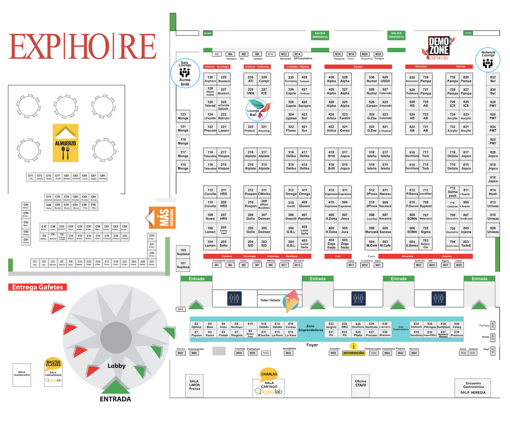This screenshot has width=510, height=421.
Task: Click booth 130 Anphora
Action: point(210,79)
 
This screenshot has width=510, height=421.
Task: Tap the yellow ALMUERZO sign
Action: point(66,143)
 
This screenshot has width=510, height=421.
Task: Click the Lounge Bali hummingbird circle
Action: point(257,110)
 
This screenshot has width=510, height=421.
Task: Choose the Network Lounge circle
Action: point(488,60)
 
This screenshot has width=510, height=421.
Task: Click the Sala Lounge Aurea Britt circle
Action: point(185,73)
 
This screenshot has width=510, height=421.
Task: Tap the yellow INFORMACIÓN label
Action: point(354,353)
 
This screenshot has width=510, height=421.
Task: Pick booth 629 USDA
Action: point(385,79)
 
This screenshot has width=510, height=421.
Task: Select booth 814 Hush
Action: point(493,192)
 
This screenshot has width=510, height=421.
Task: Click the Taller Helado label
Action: point(270,300)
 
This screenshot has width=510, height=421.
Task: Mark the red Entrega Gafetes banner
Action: point(38,287)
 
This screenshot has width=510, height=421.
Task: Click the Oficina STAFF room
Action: point(361,385)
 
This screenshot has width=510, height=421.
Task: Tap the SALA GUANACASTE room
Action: point(22,375)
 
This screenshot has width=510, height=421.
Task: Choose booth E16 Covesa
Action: point(291,325)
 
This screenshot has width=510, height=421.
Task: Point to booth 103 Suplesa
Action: point(183,252)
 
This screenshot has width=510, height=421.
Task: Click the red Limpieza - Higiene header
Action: point(298,67)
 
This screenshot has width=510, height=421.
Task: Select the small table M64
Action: point(180,309)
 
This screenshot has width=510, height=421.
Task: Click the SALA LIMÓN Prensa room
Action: point(194,385)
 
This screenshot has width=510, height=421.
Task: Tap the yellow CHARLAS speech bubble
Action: point(269,374)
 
